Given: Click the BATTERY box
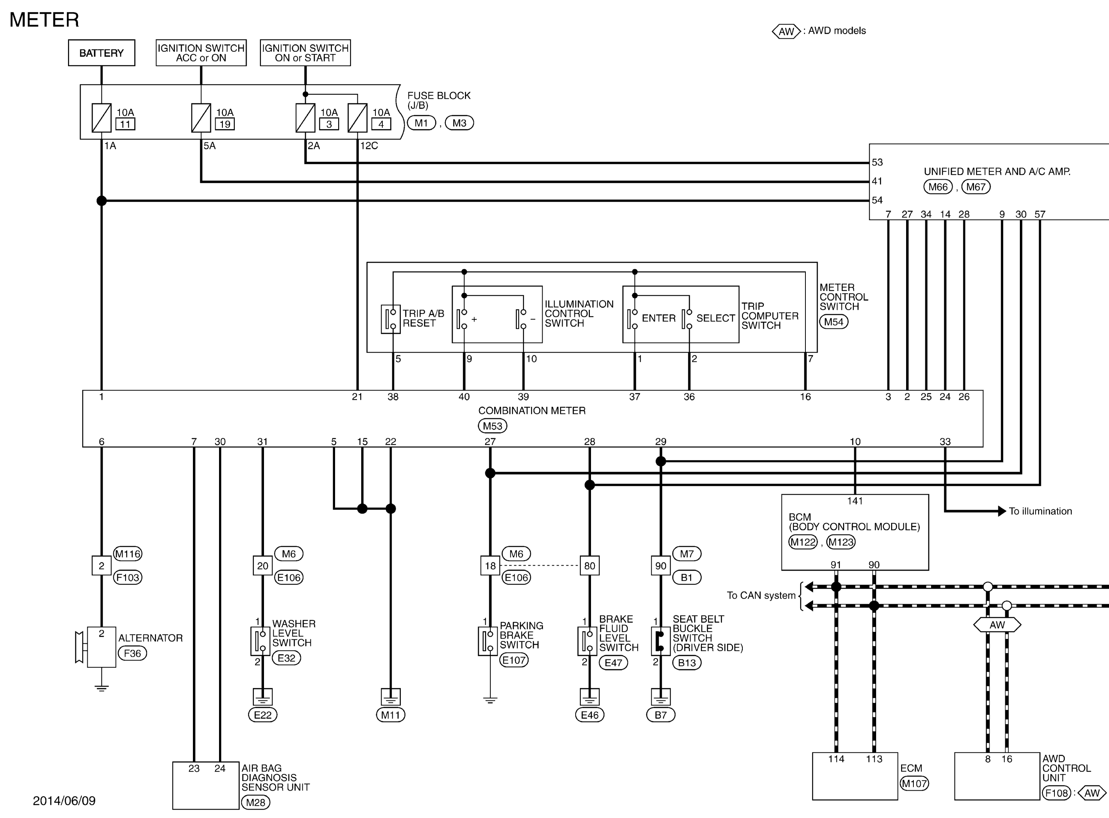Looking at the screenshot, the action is [x=101, y=53].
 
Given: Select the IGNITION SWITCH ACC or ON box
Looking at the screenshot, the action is [x=201, y=53].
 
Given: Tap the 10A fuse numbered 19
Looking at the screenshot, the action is [x=201, y=118].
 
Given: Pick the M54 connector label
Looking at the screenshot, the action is [x=833, y=322].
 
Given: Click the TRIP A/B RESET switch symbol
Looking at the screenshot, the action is [x=391, y=320].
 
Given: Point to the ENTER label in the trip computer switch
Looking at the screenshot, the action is [x=659, y=318].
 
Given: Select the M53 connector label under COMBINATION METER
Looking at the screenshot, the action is [x=492, y=426].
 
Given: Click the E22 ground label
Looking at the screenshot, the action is [x=262, y=715].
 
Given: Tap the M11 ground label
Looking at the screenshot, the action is [x=391, y=715].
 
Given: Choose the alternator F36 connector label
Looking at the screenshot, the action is [x=132, y=654].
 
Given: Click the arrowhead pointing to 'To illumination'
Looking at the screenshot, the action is [x=1002, y=511].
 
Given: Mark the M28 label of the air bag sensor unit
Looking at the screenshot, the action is [x=256, y=803].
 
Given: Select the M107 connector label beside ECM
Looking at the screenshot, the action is [x=914, y=783].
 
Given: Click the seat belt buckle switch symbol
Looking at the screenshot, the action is [x=661, y=642].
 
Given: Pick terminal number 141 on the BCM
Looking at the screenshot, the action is [x=855, y=501].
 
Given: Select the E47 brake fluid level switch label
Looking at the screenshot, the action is [x=613, y=663].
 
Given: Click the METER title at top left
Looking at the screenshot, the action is [x=44, y=20].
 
